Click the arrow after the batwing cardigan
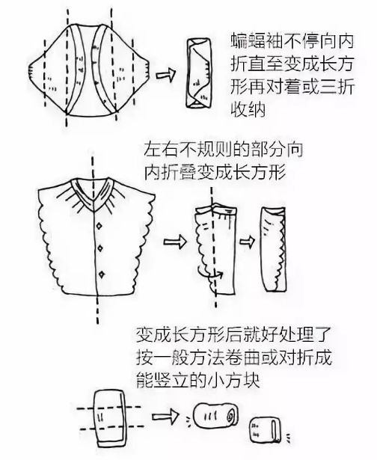point(165,74)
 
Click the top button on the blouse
point(99,226)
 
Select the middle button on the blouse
point(100,248)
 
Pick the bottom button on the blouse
point(102,275)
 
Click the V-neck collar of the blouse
point(93,194)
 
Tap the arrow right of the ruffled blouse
point(174,242)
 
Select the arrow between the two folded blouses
point(247,242)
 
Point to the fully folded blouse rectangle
point(274,249)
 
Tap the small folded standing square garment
point(265,430)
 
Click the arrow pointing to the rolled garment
point(165,417)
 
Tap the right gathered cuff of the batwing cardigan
point(146,70)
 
